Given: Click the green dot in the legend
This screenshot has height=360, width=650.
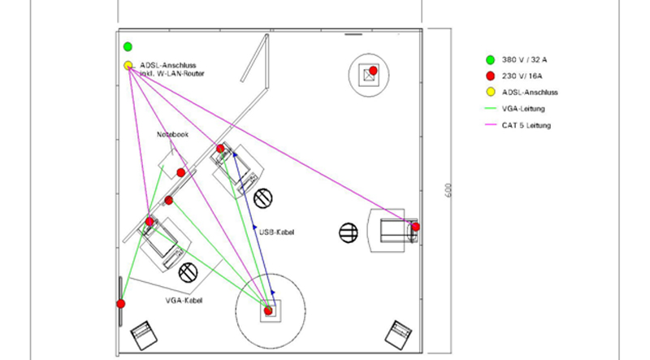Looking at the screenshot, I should point(490,59).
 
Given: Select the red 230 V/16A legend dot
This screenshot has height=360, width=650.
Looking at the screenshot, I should point(490,76).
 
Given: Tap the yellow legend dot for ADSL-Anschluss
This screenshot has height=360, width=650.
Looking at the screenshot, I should point(490,92).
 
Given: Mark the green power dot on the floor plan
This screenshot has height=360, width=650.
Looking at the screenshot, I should point(128,47).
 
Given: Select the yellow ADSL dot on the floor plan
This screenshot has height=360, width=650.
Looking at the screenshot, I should point(128,65).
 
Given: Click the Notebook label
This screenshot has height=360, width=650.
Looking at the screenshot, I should point(173,134).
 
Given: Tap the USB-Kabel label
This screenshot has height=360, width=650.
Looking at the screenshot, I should point(277,232).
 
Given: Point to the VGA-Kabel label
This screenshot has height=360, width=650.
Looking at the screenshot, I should point(184,301).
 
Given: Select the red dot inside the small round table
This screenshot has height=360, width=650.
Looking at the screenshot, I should point(373,71).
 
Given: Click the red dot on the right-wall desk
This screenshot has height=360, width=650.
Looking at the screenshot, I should point(415,227).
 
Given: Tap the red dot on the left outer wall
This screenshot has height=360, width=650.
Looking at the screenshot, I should point(121,304).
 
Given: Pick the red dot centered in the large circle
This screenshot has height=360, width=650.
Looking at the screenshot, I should point(268,310).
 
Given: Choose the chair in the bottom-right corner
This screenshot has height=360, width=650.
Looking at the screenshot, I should point(399,333).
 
